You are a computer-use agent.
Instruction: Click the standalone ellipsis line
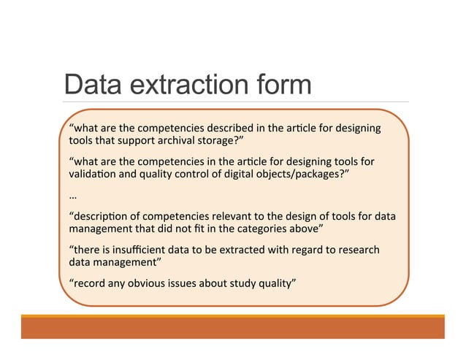pyautogui.click(x=72, y=196)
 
